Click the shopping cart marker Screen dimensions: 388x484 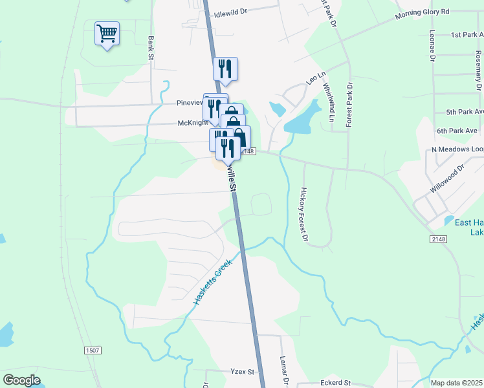pos(107,33)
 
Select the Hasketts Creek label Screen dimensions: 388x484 pos(212,283)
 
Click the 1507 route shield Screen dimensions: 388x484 pos(93,350)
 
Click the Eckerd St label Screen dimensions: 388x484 pos(335,383)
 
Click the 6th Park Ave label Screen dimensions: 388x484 pos(456,131)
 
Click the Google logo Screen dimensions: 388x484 pos(21,380)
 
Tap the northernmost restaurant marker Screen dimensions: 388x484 pos(225,69)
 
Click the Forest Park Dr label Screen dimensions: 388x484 pos(349,103)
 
